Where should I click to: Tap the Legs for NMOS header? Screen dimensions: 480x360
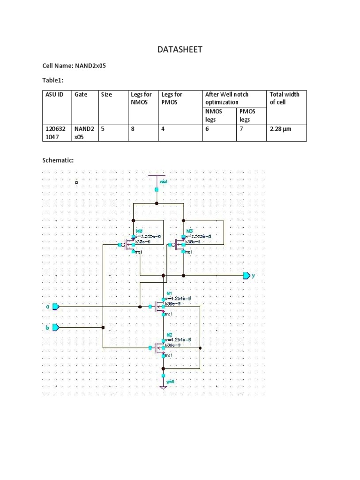(141, 98)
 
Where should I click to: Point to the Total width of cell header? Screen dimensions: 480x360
(284, 98)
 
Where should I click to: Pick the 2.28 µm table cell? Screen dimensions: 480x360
(280, 128)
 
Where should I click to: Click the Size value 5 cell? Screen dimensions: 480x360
(103, 128)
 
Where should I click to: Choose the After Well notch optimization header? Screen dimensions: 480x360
(227, 98)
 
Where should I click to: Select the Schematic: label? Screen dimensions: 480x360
(58, 160)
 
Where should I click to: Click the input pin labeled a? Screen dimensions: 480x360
(55, 307)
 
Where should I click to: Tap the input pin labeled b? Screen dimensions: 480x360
(55, 327)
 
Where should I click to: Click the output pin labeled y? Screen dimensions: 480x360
(247, 276)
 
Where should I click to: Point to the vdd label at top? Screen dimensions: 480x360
(164, 180)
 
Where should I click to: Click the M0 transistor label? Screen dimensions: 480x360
(139, 232)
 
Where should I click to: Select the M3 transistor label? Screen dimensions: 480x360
(189, 232)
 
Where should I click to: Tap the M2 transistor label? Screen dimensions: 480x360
(169, 335)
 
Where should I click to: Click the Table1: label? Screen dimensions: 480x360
(52, 80)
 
